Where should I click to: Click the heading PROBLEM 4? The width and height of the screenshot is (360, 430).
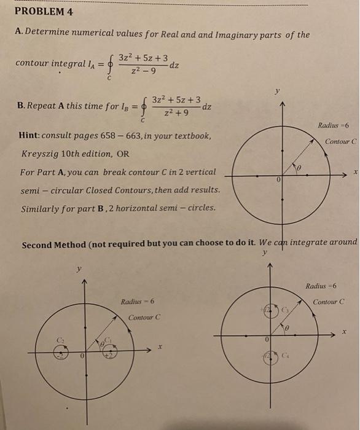point(43,12)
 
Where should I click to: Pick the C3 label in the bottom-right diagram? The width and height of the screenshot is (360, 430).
point(286,311)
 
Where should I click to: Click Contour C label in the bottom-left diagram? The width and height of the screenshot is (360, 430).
point(144,317)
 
